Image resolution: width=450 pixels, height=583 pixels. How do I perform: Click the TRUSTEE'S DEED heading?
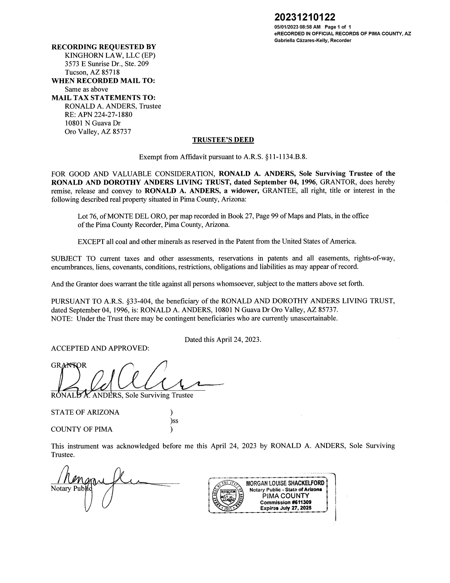click(223, 140)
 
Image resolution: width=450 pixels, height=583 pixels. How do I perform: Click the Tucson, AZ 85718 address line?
click(92, 72)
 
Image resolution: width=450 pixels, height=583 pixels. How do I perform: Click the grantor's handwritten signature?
click(133, 379)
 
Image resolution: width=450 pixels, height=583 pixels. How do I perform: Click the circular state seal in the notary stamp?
click(229, 495)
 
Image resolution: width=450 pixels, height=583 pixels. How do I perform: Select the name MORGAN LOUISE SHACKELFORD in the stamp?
click(285, 483)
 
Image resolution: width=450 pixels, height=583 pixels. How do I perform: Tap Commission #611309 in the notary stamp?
click(286, 502)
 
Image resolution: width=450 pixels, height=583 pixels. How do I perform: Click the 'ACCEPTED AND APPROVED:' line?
click(100, 348)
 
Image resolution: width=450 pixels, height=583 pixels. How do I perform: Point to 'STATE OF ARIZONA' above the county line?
click(85, 412)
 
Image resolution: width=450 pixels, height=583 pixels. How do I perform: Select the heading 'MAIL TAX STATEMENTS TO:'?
click(103, 98)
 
